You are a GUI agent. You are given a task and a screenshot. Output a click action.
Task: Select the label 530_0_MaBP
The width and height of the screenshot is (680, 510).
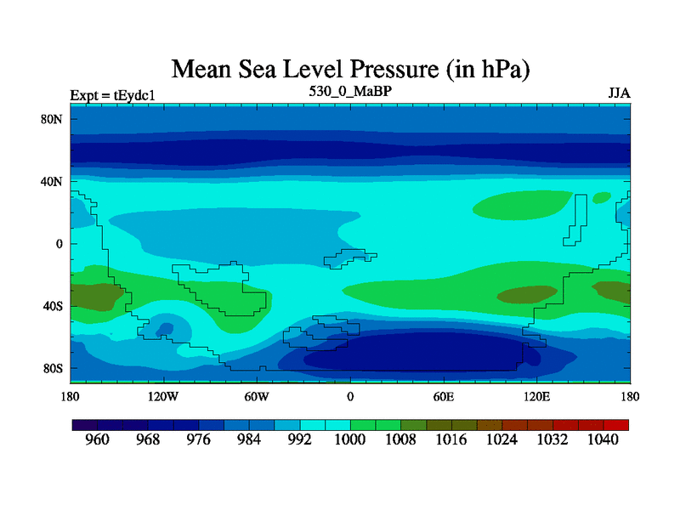pyautogui.click(x=350, y=90)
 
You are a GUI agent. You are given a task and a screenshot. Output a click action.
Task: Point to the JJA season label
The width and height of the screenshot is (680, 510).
pyautogui.click(x=619, y=93)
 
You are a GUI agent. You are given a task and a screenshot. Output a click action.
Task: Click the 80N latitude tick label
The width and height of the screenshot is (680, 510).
pyautogui.click(x=54, y=119)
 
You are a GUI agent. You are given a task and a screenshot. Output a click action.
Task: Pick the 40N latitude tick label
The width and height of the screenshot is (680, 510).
pyautogui.click(x=54, y=182)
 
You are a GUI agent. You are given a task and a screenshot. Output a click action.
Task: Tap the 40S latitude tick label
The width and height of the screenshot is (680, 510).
pyautogui.click(x=54, y=306)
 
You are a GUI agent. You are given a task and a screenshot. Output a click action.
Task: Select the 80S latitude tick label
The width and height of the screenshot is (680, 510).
pyautogui.click(x=54, y=369)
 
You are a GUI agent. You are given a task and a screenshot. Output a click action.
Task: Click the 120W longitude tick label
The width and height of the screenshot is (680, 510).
pyautogui.click(x=162, y=396)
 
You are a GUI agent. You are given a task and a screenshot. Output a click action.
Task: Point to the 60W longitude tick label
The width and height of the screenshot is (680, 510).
pyautogui.click(x=257, y=396)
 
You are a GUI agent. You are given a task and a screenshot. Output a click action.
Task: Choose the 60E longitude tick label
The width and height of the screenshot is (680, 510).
pyautogui.click(x=444, y=396)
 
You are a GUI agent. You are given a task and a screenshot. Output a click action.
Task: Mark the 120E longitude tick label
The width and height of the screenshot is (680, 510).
pyautogui.click(x=537, y=396)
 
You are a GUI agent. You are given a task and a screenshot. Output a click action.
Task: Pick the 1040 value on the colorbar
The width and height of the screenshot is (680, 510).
pyautogui.click(x=603, y=440)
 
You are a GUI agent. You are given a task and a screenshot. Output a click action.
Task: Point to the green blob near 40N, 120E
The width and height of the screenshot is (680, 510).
pyautogui.click(x=520, y=205)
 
